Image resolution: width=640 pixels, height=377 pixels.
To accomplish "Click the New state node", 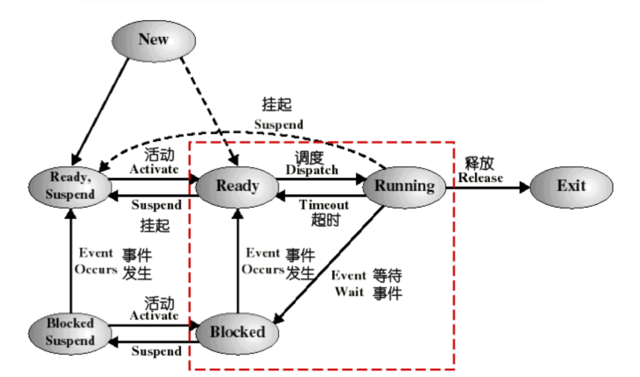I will click(153, 39).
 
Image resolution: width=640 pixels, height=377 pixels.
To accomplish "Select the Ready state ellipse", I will click(237, 186).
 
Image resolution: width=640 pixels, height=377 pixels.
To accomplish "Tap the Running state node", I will click(404, 186).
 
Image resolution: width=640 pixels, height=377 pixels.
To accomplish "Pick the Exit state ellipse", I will click(571, 186).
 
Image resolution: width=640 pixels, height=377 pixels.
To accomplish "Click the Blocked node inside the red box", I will click(237, 332).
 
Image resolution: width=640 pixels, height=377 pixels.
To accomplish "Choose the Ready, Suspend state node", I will click(70, 186).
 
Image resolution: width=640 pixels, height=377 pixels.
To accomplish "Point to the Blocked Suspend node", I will click(70, 332).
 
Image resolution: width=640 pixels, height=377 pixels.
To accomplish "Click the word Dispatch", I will click(312, 170).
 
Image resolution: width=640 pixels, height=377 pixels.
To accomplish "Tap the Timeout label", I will click(324, 204).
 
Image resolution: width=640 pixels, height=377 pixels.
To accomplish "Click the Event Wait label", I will click(349, 283).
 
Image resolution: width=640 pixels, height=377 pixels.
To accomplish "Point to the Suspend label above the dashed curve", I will click(278, 124).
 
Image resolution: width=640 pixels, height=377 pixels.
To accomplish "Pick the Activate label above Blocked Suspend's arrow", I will click(154, 316).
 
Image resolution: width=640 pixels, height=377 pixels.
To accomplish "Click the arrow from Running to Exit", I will click(487, 186).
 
